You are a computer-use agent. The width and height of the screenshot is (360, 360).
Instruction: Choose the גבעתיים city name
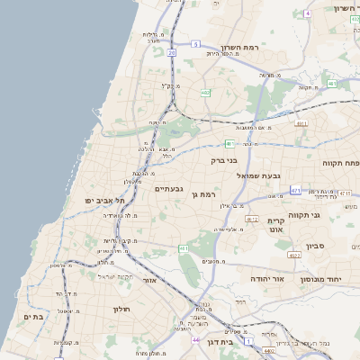click(x=169, y=189)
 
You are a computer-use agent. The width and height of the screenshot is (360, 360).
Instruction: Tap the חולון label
click(x=121, y=309)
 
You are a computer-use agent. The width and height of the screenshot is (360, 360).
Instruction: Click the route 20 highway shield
click(x=171, y=53)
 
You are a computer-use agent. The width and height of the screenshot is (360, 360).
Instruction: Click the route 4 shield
click(x=307, y=13)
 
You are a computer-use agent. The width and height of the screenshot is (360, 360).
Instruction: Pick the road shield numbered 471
click(x=295, y=190)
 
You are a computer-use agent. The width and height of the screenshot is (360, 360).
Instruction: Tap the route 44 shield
click(x=196, y=340)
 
